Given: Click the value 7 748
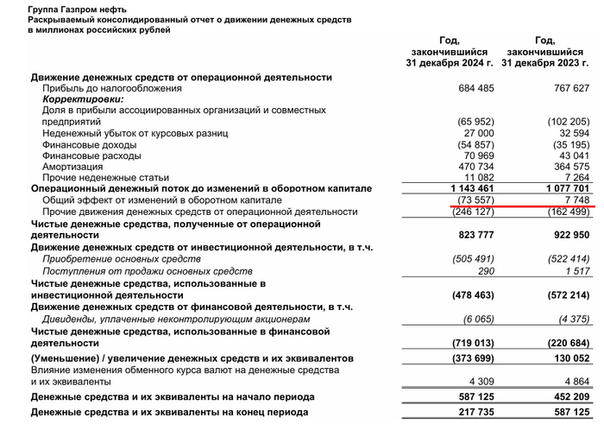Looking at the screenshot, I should point(575,199).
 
